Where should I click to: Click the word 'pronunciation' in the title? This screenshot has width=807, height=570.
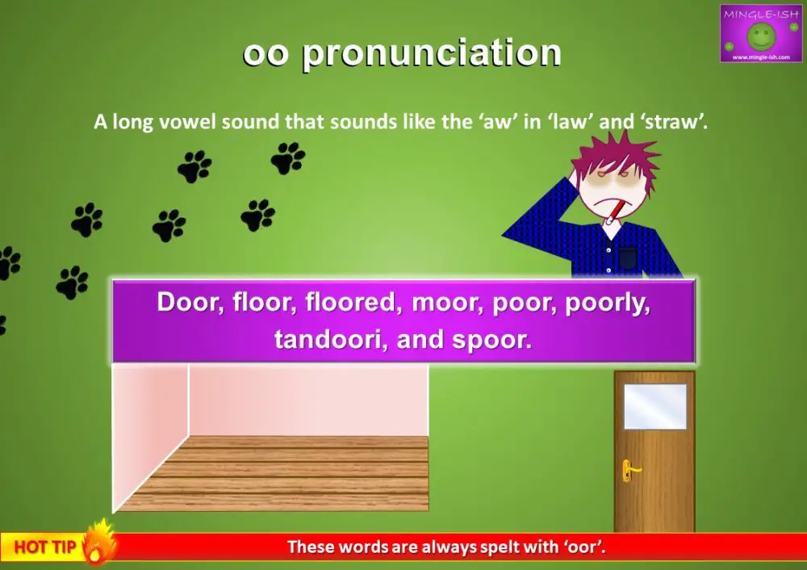coord(432,54)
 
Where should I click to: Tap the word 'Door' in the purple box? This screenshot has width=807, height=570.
coord(186,303)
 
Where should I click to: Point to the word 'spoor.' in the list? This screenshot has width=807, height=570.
coord(494,339)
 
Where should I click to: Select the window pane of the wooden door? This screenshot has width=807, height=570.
coord(654,406)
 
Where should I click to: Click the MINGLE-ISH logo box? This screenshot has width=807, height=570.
coord(761,33)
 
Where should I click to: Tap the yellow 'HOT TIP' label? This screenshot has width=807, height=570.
coord(45,548)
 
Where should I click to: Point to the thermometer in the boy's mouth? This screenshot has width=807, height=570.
coord(614,212)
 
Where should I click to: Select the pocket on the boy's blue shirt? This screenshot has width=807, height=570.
coord(628,258)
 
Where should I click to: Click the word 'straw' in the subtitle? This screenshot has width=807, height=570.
coord(680,124)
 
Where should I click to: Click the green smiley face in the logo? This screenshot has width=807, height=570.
coord(761,36)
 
